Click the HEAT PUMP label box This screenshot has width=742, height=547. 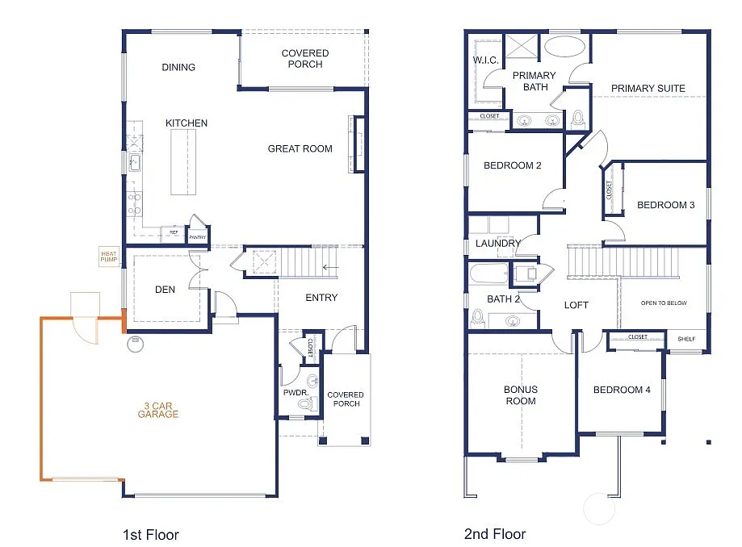[109, 256]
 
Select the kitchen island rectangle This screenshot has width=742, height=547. [183, 162]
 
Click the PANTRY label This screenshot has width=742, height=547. [197, 237]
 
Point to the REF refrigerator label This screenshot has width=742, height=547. [172, 232]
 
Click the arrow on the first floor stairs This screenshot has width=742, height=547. [330, 267]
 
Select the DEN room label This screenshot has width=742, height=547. [166, 290]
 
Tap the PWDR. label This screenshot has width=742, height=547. [292, 393]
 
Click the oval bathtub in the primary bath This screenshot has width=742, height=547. [560, 46]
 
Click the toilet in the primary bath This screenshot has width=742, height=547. [577, 119]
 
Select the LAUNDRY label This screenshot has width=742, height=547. [498, 244]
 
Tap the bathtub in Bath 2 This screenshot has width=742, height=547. [488, 274]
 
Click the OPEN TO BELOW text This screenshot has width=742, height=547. [664, 303]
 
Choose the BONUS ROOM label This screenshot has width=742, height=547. [521, 395]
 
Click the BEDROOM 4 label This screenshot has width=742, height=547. [622, 390]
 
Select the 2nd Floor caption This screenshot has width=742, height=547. [495, 534]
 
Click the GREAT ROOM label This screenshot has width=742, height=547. [300, 148]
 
